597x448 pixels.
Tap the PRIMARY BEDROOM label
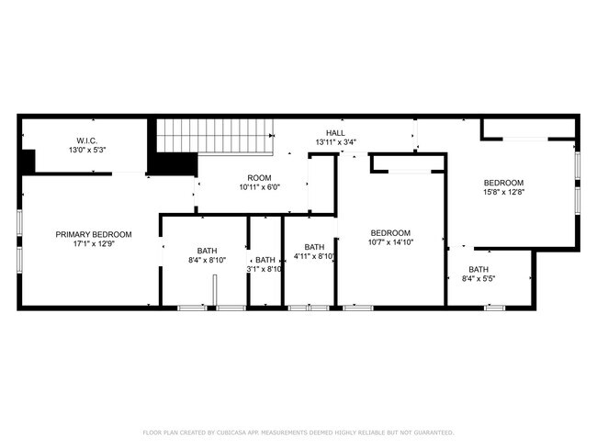coord(93,235)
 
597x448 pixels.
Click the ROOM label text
coord(259,178)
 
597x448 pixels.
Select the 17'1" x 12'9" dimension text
coord(93,244)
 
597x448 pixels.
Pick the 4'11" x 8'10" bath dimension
coord(315,256)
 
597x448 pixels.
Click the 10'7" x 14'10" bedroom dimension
coord(390,242)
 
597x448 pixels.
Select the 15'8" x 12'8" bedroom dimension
coord(503,192)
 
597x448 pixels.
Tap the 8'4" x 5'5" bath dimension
coord(479,278)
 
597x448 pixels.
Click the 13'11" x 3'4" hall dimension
coord(335,142)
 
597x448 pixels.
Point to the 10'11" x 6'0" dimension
coord(259,187)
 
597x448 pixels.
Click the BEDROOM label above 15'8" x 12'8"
coord(503,183)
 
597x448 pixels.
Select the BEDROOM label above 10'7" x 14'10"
coord(390,233)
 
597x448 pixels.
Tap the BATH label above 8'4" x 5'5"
coord(479,269)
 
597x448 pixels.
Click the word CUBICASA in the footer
coord(232,432)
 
